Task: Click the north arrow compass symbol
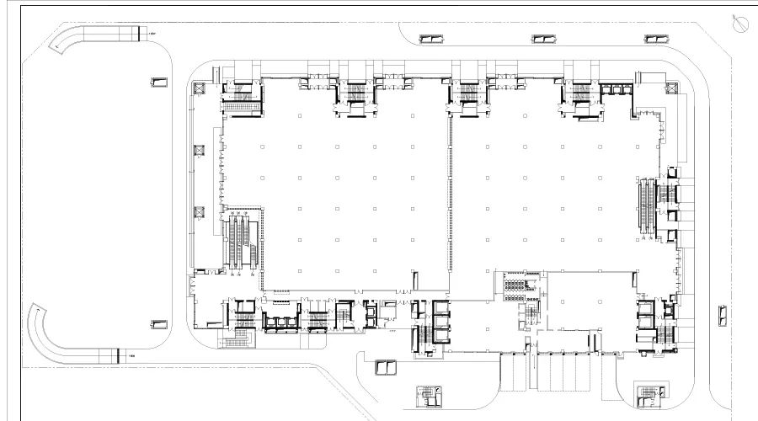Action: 741,25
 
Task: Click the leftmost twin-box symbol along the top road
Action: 430,39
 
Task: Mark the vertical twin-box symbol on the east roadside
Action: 721,317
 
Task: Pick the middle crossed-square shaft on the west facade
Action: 200,151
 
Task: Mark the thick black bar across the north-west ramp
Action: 136,33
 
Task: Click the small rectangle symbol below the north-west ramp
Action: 157,82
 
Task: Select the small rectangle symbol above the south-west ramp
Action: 157,323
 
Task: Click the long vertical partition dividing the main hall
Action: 449,202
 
